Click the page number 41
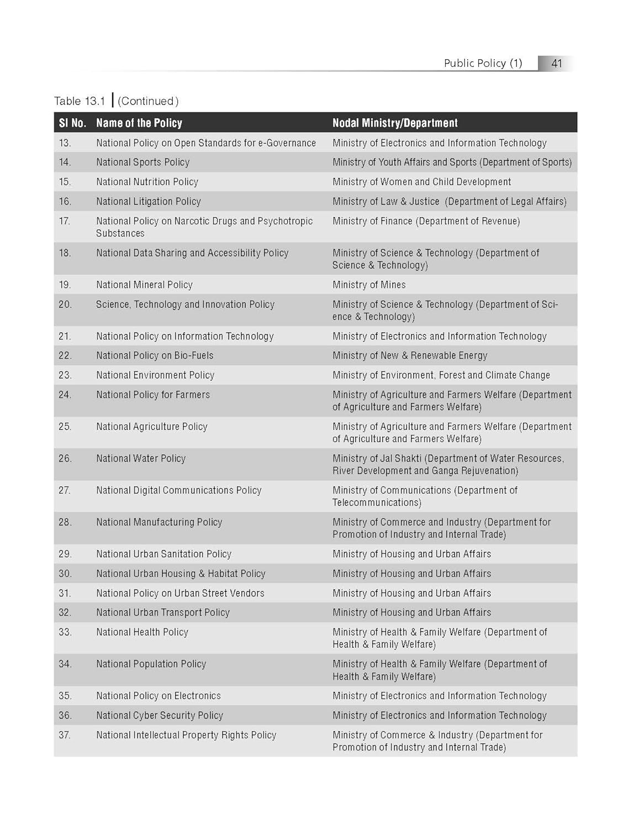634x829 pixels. pos(556,63)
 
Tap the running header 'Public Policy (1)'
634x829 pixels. pos(483,63)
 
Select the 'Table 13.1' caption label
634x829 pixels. pos(80,101)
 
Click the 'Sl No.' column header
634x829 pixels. pos(72,123)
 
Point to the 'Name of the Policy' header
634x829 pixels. pos(139,123)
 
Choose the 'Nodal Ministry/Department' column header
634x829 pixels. pos(395,123)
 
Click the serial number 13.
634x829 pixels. pos(65,143)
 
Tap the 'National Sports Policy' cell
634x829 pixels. pos(142,162)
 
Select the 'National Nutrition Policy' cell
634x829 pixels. pos(147,182)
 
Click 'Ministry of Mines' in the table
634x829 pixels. pos(369,285)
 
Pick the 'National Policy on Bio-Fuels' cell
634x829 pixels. pos(155,355)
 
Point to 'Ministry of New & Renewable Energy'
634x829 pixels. pos(410,355)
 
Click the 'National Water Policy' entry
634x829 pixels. pos(141,459)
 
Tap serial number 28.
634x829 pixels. pos(65,522)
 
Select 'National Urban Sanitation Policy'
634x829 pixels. pos(163,554)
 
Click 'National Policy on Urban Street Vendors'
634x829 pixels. pos(180,594)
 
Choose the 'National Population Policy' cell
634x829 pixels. pos(151,664)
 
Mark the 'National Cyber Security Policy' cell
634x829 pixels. pos(160,716)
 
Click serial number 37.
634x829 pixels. pos(65,735)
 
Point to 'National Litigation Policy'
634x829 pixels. pos(149,202)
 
